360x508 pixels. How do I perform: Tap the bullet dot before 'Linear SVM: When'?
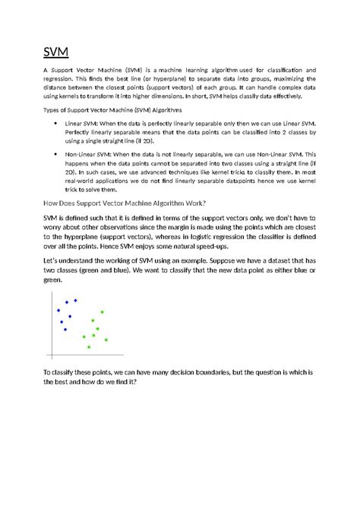pos(58,122)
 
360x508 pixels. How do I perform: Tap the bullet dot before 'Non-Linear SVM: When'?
pos(58,153)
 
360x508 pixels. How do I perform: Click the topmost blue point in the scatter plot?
pos(75,301)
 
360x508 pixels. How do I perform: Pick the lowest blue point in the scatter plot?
pos(65,330)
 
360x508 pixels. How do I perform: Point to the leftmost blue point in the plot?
pos(58,310)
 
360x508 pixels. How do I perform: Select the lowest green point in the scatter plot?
pos(90,347)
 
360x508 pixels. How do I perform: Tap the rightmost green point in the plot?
pos(106,339)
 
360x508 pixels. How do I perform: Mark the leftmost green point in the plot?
pos(84,336)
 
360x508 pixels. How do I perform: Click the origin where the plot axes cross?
pos(51,356)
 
